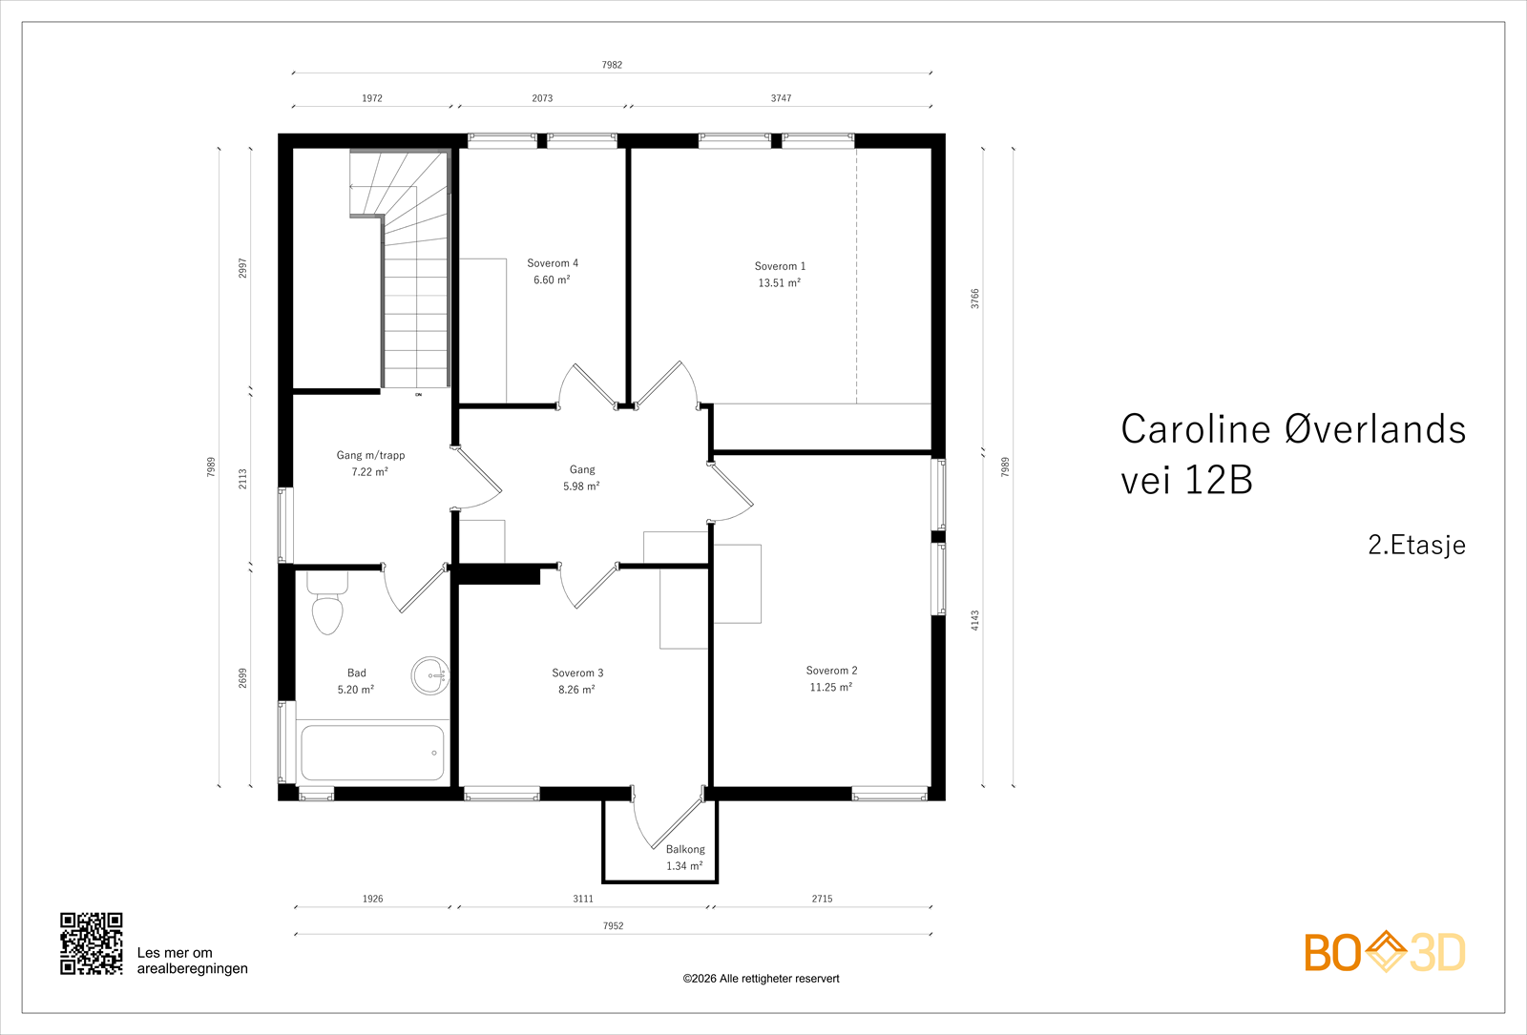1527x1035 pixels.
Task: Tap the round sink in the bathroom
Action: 430,675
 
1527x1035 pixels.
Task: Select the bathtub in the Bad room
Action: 372,753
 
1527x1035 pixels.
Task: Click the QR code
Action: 92,943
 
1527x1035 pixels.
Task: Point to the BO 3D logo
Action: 1385,952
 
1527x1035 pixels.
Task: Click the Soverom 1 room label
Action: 780,266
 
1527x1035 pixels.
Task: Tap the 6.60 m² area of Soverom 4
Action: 552,279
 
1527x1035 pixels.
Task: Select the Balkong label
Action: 685,849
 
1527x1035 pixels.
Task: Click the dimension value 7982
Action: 612,65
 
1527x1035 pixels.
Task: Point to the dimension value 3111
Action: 583,899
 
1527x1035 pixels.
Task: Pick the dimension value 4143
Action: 974,620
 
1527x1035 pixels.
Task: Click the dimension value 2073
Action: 543,98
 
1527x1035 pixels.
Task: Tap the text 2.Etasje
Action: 1416,545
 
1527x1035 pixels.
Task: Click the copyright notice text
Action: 761,979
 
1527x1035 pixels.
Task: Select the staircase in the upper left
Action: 400,269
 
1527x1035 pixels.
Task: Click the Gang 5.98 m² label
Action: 581,478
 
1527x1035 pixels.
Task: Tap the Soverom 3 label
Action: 577,673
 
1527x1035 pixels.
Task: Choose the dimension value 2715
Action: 822,899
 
